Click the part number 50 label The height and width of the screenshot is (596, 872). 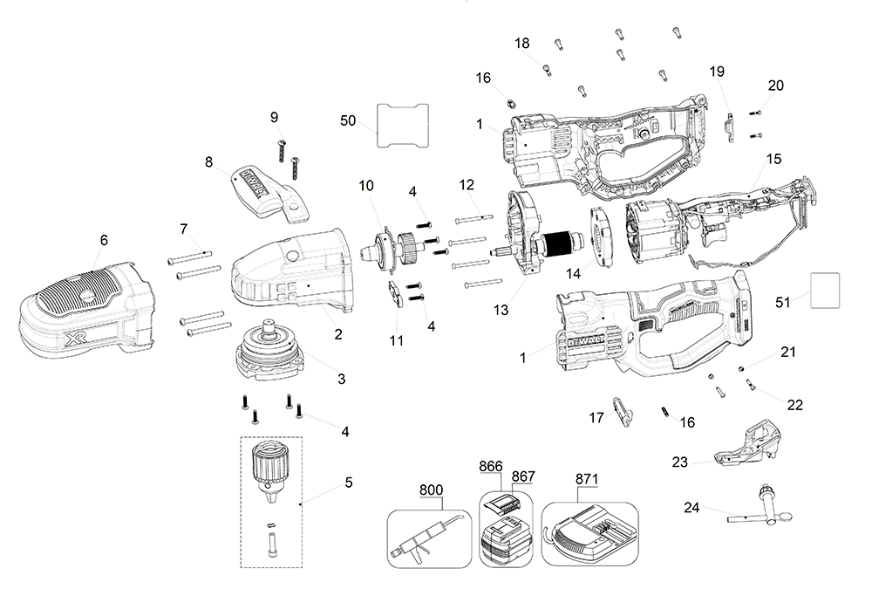click(x=348, y=120)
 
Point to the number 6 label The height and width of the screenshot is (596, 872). click(x=104, y=239)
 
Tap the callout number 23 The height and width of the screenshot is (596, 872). click(x=679, y=461)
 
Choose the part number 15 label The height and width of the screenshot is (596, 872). click(x=773, y=160)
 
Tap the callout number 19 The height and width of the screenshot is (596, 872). click(x=717, y=70)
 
